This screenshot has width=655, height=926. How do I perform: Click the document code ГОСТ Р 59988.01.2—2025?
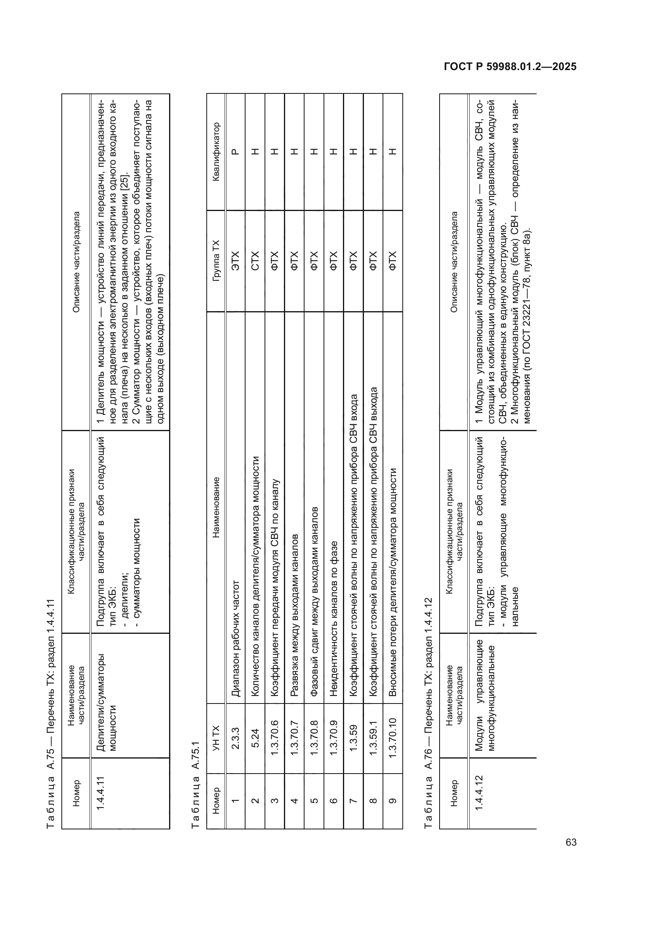pos(510,67)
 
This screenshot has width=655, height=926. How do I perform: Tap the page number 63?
pos(571,842)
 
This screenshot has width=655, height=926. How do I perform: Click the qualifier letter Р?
pos(236,152)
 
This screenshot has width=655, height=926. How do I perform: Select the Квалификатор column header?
pos(216,152)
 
